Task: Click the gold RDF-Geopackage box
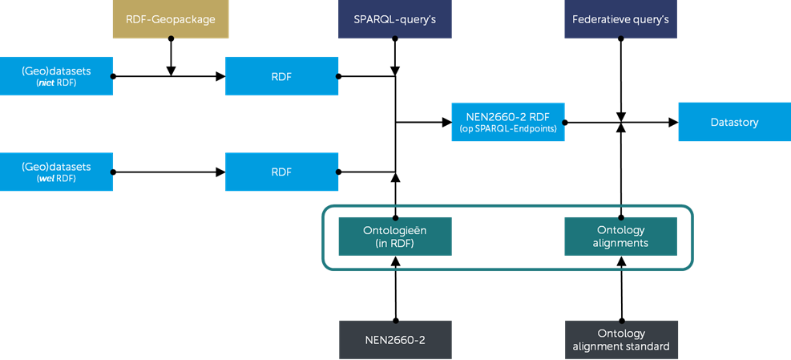coord(170,19)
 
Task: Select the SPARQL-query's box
coord(394,19)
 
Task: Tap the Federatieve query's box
coord(621,19)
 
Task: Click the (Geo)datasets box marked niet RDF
coord(56,76)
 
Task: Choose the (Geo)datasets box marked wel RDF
coord(56,172)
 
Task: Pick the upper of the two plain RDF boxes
coord(281,76)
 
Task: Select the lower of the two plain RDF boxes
coord(281,172)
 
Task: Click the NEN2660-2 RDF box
coord(508,122)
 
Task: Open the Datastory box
coord(734,122)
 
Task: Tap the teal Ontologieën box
coord(394,237)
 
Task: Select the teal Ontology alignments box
coord(621,237)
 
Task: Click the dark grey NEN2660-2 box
coord(394,340)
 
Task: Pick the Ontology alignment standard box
coord(621,340)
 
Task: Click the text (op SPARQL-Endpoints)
coord(508,129)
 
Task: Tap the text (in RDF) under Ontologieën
coord(394,244)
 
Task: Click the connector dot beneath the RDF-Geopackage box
coord(170,38)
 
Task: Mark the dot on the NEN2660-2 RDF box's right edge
coord(564,123)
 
